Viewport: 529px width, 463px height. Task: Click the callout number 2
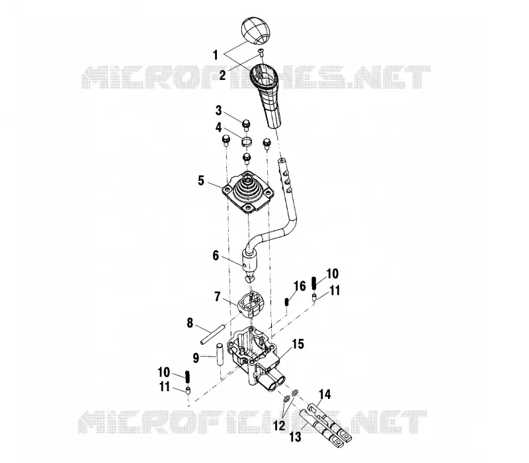[222, 75]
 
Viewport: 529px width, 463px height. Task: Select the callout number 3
[219, 110]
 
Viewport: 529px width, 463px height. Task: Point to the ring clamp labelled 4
[246, 141]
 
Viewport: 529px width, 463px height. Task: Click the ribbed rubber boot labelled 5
[248, 194]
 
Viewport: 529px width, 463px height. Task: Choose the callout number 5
[201, 180]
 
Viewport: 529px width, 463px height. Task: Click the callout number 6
[216, 256]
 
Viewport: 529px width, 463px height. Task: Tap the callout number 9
[196, 358]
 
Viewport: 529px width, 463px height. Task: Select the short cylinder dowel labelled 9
[220, 354]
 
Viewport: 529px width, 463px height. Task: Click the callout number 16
[300, 286]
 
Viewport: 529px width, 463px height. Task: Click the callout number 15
[298, 344]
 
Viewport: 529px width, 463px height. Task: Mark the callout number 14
[325, 394]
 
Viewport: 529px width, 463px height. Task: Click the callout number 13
[295, 437]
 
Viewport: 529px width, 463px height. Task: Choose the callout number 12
[279, 425]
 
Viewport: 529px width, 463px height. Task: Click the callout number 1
[216, 55]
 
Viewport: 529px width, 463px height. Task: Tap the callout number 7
[218, 297]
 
